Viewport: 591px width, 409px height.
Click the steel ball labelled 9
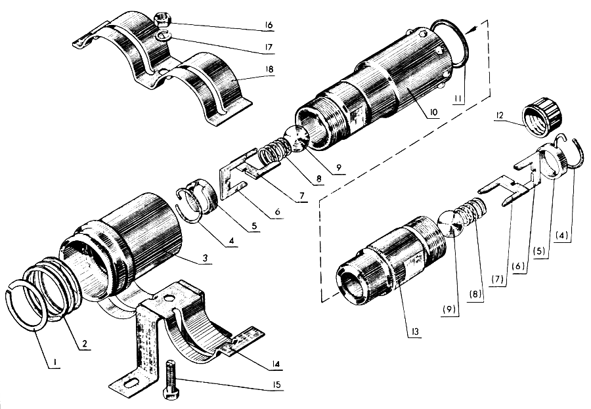pos(297,139)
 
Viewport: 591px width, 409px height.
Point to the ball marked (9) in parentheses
pos(452,224)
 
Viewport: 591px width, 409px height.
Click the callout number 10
pos(433,112)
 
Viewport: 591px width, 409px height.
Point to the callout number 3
pos(205,258)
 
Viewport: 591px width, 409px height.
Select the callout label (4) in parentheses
pos(561,236)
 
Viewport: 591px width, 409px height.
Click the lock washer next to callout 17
pos(164,36)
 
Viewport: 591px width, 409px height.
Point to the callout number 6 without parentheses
pos(277,211)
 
